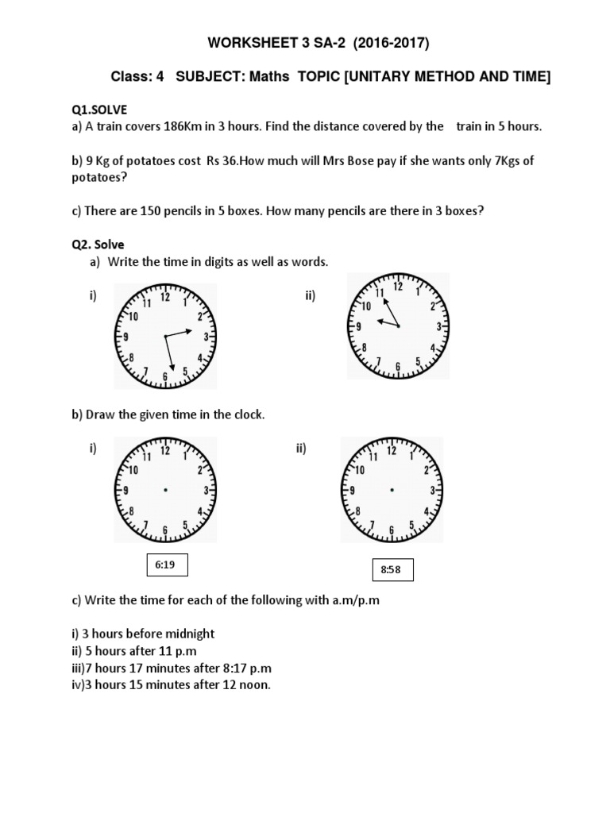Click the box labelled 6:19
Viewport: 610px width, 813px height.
(x=164, y=565)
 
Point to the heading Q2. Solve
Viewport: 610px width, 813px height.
(x=98, y=245)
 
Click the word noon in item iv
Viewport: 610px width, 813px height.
(x=254, y=684)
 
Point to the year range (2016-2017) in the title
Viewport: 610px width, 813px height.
(x=380, y=40)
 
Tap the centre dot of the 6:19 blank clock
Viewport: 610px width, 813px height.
(x=164, y=491)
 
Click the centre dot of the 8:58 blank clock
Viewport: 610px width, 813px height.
(x=391, y=490)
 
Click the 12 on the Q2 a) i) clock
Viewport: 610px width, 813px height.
(x=165, y=298)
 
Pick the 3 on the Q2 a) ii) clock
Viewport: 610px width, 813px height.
(x=438, y=326)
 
